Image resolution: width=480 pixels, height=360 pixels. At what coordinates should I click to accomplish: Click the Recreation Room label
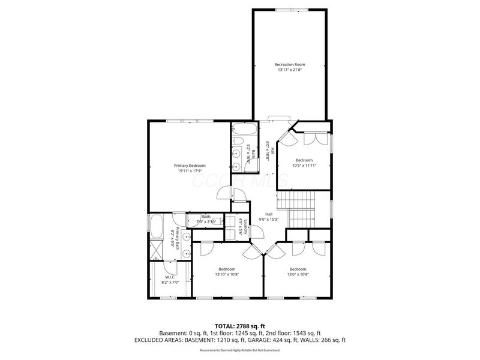(290, 64)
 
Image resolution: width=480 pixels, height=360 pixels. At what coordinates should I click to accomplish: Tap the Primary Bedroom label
(190, 166)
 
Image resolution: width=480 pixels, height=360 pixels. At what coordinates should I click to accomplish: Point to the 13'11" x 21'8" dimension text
(290, 70)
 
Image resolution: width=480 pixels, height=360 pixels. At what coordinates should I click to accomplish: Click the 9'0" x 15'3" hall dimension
(269, 220)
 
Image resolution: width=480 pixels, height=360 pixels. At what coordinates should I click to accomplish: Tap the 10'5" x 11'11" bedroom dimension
(304, 166)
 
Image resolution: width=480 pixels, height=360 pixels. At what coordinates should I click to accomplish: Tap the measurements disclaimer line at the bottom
(240, 350)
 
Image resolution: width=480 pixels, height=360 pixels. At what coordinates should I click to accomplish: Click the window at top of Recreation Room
(290, 9)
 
